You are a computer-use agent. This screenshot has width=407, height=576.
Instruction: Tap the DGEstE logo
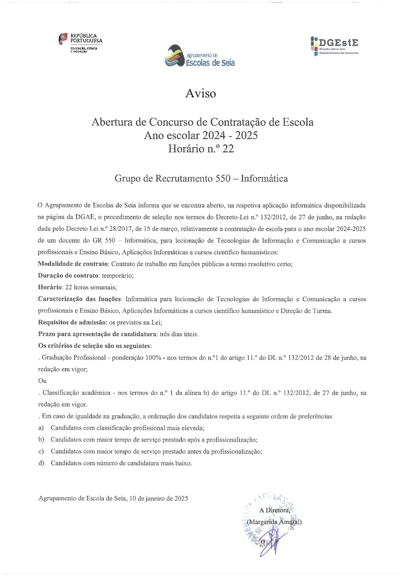click(x=336, y=45)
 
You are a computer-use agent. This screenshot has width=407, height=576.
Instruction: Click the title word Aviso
click(x=201, y=94)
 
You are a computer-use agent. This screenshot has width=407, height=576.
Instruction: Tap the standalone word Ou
click(x=42, y=381)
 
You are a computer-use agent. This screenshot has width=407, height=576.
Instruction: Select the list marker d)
click(x=42, y=463)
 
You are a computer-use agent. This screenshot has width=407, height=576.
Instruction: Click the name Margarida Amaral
click(x=274, y=522)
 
